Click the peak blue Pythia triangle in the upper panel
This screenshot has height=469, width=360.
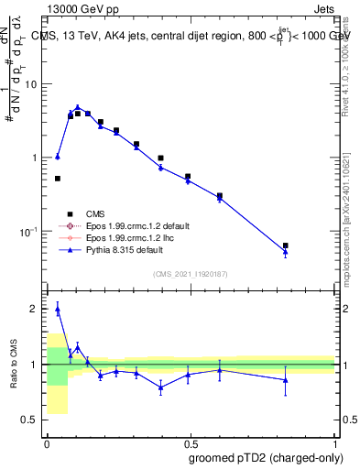coord(78,107)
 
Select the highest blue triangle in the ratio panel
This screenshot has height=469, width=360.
coord(58,310)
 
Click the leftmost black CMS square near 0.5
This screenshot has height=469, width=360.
coord(58,179)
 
